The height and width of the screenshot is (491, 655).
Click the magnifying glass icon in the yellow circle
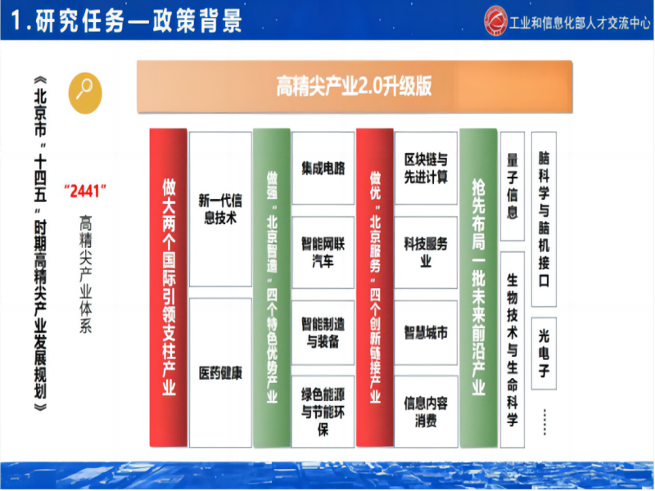tap(85, 92)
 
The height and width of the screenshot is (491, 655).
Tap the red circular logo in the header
tap(496, 20)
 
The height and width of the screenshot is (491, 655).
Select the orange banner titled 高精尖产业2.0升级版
tap(355, 87)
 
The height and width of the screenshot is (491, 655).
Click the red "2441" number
tap(85, 191)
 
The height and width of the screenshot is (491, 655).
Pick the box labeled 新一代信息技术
tap(220, 209)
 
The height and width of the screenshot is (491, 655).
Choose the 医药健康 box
tap(220, 372)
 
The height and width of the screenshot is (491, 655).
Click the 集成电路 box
tap(323, 169)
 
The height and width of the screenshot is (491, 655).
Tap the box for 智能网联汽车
tap(323, 252)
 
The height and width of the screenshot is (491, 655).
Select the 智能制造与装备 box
tap(323, 332)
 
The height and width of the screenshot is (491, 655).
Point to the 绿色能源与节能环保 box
tap(323, 412)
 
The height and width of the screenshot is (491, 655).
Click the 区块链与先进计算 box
tap(426, 169)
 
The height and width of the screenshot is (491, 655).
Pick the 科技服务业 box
tap(426, 252)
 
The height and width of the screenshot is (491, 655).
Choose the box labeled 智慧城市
tap(426, 332)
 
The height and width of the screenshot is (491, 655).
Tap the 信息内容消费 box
tap(426, 412)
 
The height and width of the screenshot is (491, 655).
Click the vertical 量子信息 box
tap(513, 187)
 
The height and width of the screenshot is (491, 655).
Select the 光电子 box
tap(544, 354)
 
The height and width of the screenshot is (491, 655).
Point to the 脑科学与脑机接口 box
tap(544, 219)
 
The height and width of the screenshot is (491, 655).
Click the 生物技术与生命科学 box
tap(513, 349)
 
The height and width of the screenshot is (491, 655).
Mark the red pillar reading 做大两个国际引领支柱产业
tap(169, 288)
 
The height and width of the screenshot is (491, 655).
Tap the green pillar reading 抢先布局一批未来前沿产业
tap(478, 288)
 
